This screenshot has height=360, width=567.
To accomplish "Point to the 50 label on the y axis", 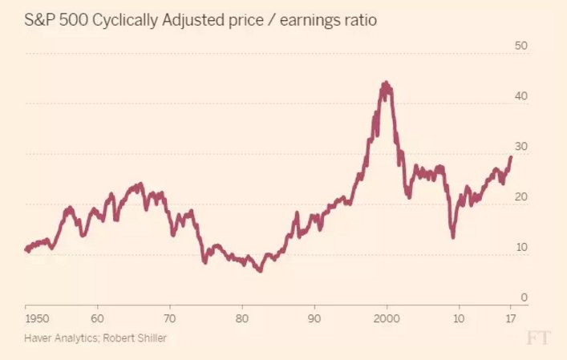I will pyautogui.click(x=520, y=47).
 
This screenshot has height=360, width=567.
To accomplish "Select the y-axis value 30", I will pyautogui.click(x=520, y=148).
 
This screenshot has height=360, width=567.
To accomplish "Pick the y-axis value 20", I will pyautogui.click(x=520, y=198).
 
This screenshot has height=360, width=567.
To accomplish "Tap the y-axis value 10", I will pyautogui.click(x=520, y=249).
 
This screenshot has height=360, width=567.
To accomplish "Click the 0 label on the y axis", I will pyautogui.click(x=524, y=298).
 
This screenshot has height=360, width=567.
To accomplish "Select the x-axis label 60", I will pyautogui.click(x=97, y=318).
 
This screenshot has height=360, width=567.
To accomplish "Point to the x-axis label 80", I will pyautogui.click(x=242, y=318).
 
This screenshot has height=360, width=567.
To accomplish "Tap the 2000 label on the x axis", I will pyautogui.click(x=387, y=318).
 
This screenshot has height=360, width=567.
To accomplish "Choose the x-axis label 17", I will pyautogui.click(x=510, y=318).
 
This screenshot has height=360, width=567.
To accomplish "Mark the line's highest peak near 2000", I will pyautogui.click(x=386, y=82).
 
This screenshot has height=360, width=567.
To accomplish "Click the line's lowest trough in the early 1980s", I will pyautogui.click(x=260, y=272).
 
